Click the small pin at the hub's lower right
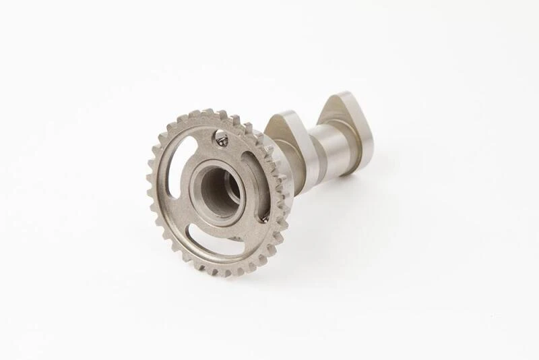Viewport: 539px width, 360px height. pos(265,218)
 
